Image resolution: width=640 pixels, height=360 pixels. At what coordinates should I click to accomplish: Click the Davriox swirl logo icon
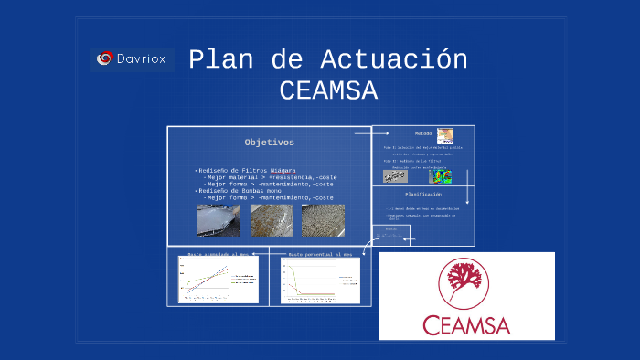(106, 59)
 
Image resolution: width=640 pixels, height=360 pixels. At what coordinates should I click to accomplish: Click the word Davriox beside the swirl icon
(143, 59)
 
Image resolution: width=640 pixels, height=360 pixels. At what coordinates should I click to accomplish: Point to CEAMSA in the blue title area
(328, 91)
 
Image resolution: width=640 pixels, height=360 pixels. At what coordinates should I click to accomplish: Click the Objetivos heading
(269, 143)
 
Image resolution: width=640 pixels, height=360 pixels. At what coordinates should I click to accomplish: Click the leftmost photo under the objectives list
(219, 220)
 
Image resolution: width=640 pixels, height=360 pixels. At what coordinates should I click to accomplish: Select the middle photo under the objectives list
(272, 220)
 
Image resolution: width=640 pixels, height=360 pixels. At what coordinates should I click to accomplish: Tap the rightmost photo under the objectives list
(324, 220)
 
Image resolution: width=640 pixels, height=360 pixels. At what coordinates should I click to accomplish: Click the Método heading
(422, 133)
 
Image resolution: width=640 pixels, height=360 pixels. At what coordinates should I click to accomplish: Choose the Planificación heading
(422, 195)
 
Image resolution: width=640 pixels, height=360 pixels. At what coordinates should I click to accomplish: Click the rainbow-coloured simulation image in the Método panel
(442, 175)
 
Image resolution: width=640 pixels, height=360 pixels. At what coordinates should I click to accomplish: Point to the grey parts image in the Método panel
(395, 175)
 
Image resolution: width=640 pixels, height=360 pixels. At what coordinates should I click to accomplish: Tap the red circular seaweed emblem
(466, 283)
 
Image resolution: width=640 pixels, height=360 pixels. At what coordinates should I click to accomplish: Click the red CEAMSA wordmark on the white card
(466, 324)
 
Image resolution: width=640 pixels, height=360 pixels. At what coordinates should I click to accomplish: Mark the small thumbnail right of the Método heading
(445, 134)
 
